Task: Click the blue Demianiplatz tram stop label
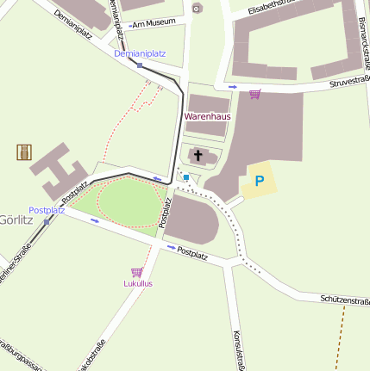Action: click(140, 53)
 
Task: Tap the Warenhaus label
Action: click(208, 116)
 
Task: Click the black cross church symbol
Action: click(198, 156)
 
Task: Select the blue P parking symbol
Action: click(259, 182)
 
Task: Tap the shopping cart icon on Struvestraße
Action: click(254, 94)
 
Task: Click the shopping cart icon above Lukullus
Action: click(136, 272)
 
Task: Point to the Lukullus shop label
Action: click(138, 283)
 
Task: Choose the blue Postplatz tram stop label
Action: click(47, 210)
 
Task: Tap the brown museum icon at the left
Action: click(23, 152)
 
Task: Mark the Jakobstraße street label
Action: click(91, 356)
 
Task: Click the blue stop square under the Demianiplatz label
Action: click(139, 65)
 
